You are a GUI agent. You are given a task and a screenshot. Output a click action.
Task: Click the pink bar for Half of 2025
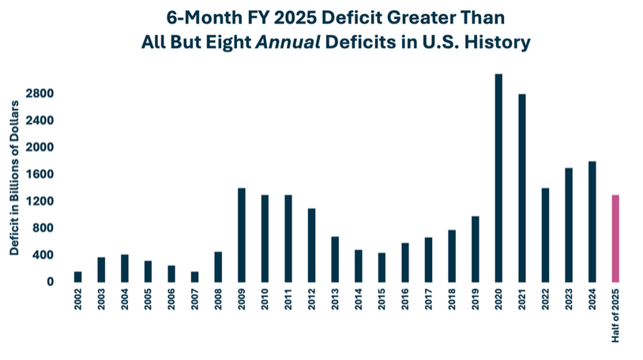(615, 238)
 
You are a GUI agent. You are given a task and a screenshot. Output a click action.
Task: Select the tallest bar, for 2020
(498, 178)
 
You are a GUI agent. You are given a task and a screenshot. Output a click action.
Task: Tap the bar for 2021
(522, 188)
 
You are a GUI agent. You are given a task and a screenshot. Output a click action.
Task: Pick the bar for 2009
(241, 234)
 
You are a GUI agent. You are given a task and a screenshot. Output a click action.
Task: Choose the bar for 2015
(382, 267)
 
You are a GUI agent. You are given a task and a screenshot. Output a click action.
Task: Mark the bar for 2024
(592, 221)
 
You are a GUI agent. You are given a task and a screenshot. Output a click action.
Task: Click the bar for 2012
(311, 245)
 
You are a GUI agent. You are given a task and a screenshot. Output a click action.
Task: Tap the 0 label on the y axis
(50, 282)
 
